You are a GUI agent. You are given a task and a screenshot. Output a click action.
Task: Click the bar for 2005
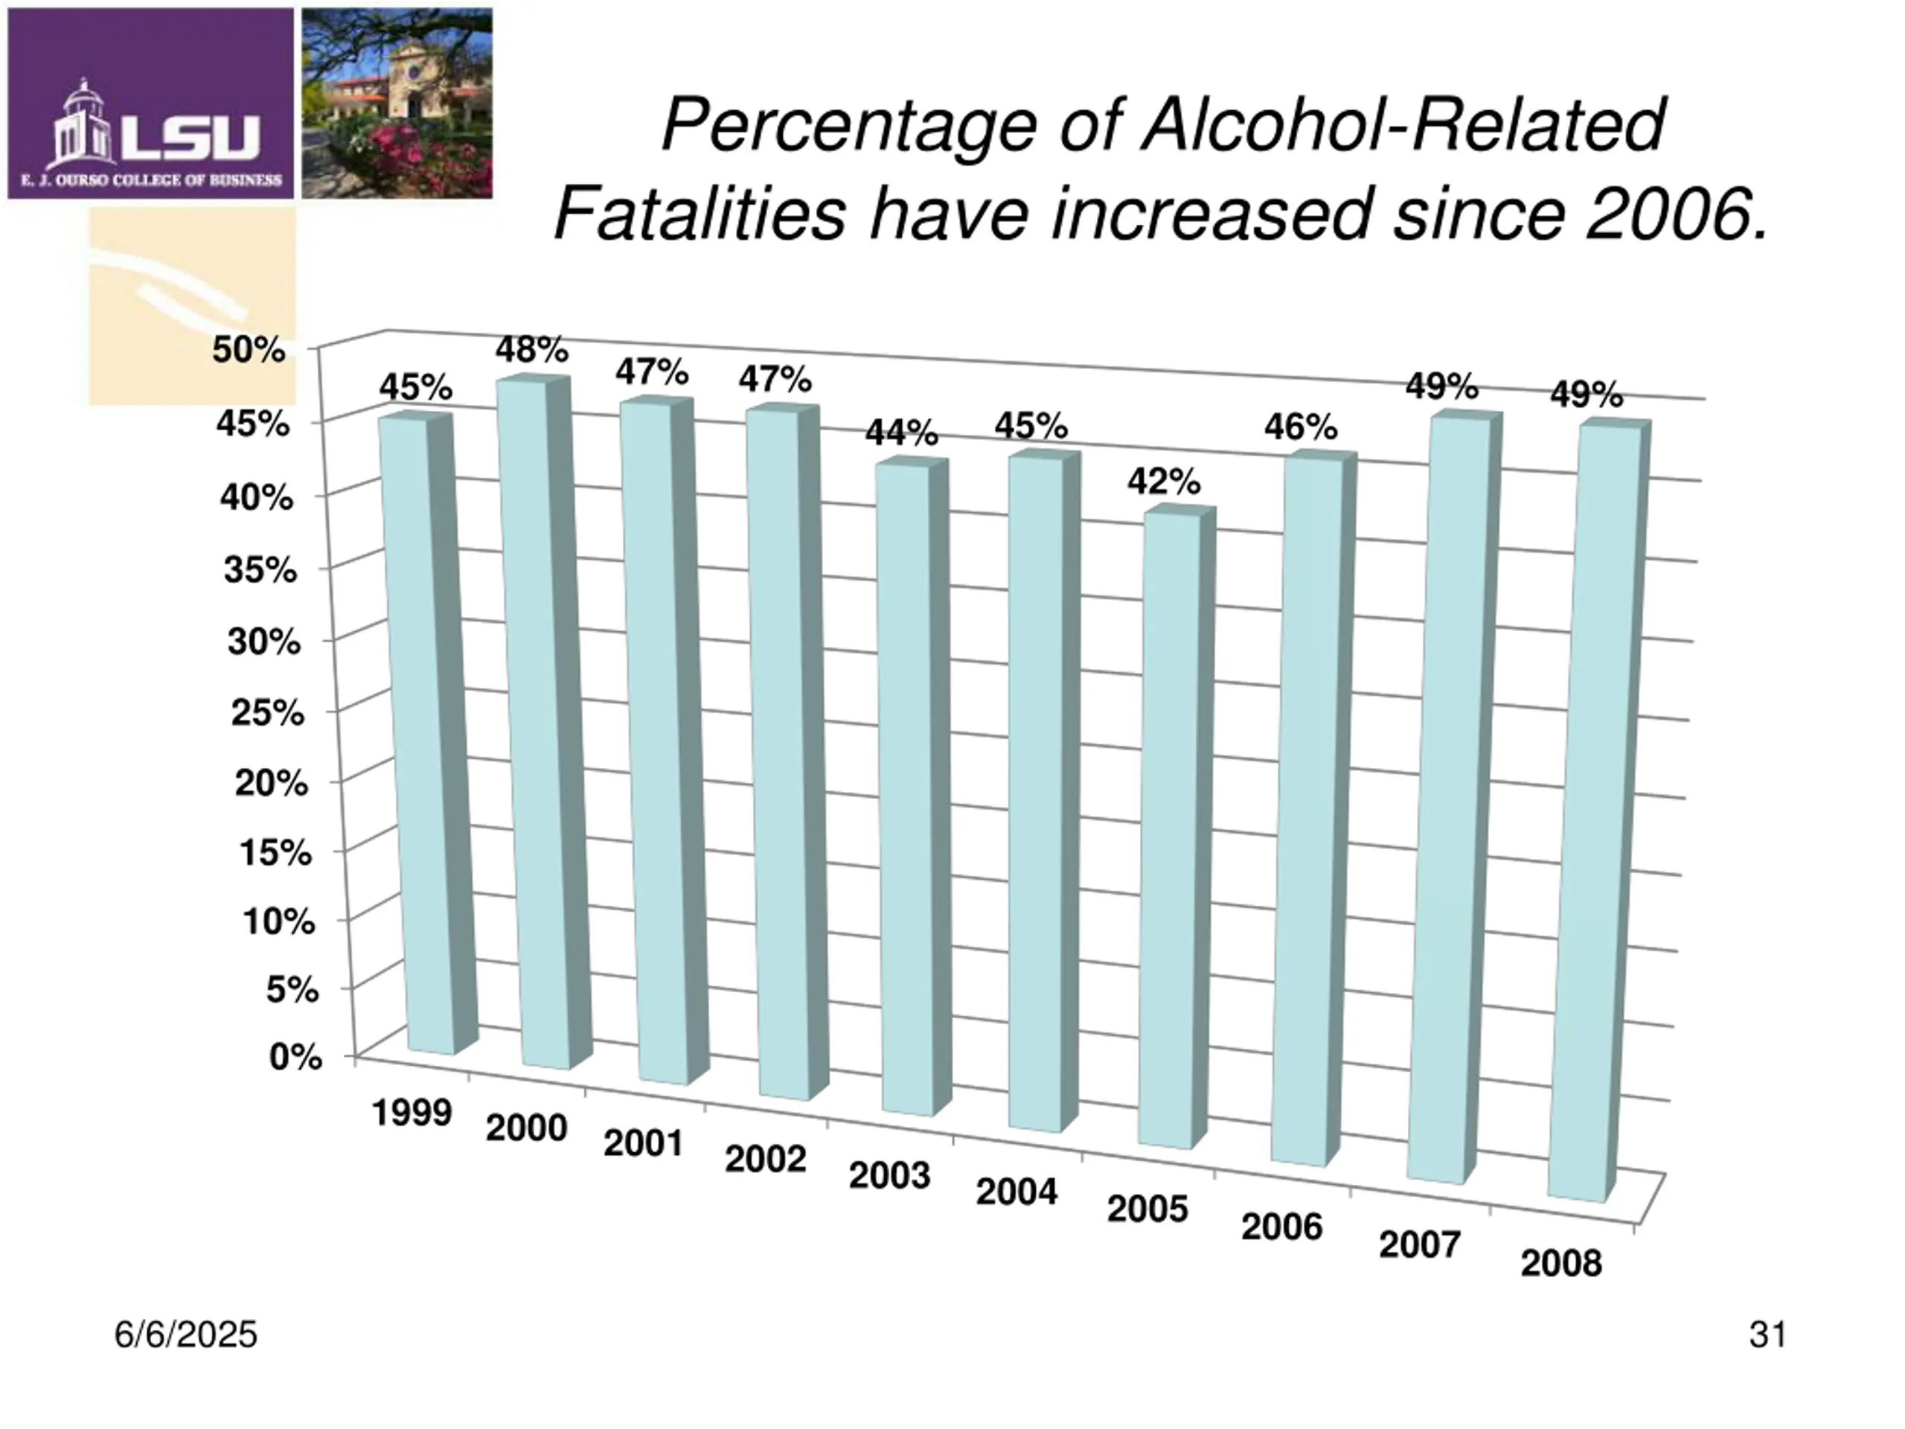(x=1168, y=827)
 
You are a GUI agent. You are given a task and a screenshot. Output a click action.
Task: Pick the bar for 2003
(x=904, y=788)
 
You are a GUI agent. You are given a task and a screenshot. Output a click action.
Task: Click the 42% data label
(x=1164, y=482)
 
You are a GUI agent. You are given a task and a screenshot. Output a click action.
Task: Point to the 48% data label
(x=531, y=350)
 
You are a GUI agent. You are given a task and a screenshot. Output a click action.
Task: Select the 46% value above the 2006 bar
(x=1301, y=427)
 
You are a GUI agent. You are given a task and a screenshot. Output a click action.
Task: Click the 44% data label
(x=902, y=432)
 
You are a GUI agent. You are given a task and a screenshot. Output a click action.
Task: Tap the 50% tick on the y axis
(x=249, y=350)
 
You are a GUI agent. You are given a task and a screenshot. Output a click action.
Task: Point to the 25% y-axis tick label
(x=267, y=712)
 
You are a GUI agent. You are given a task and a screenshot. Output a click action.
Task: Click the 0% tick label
(x=295, y=1056)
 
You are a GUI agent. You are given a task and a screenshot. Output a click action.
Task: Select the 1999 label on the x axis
(x=412, y=1113)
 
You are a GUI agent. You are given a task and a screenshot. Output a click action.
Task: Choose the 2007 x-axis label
(x=1419, y=1244)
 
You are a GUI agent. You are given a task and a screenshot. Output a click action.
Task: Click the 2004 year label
(x=1016, y=1192)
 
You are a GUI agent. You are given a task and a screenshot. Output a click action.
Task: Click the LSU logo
(x=151, y=103)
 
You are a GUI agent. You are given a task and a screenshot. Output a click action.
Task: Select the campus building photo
(x=397, y=103)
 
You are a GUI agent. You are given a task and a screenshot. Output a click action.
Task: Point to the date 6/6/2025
(x=186, y=1335)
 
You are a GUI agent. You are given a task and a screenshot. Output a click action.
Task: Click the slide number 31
(x=1768, y=1335)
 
